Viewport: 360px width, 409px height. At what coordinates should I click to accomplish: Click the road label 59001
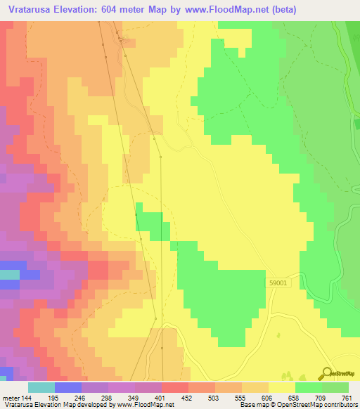pyautogui.click(x=277, y=283)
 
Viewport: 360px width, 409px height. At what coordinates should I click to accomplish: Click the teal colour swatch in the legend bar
pyautogui.click(x=41, y=387)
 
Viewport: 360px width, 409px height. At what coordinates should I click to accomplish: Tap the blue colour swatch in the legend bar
pyautogui.click(x=67, y=387)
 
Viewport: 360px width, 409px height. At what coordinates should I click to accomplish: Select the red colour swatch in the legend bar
pyautogui.click(x=174, y=387)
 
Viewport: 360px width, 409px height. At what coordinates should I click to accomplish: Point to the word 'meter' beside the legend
pyautogui.click(x=10, y=398)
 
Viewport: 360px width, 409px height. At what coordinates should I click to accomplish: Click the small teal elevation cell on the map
pyautogui.click(x=9, y=274)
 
